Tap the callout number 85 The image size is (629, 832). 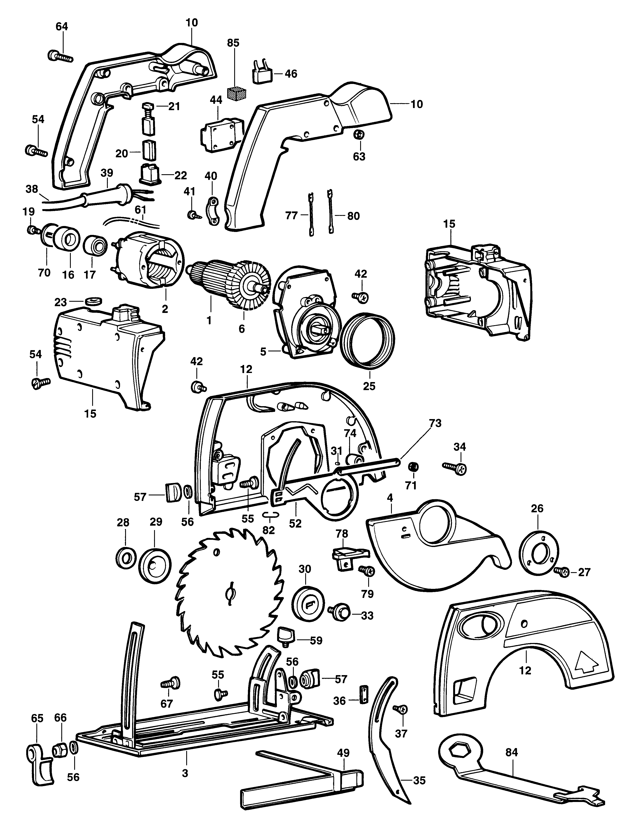[233, 43]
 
